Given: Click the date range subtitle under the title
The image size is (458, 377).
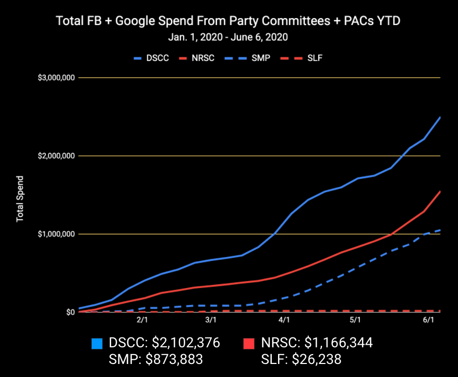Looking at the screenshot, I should pos(228,37).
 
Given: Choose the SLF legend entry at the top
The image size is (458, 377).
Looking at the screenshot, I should pos(307,58).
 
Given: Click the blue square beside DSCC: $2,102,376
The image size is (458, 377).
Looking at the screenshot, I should pos(97,344).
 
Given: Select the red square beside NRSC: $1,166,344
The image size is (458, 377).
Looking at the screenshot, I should pos(249,344).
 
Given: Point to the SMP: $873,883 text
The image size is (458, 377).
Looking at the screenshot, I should pos(155,359).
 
